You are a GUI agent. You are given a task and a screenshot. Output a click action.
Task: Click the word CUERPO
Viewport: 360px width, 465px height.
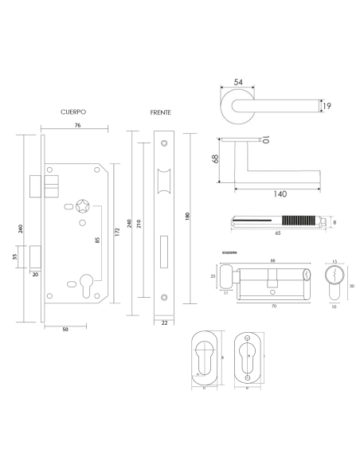[72, 114]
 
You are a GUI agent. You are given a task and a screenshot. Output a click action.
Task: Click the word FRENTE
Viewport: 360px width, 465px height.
[161, 114]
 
